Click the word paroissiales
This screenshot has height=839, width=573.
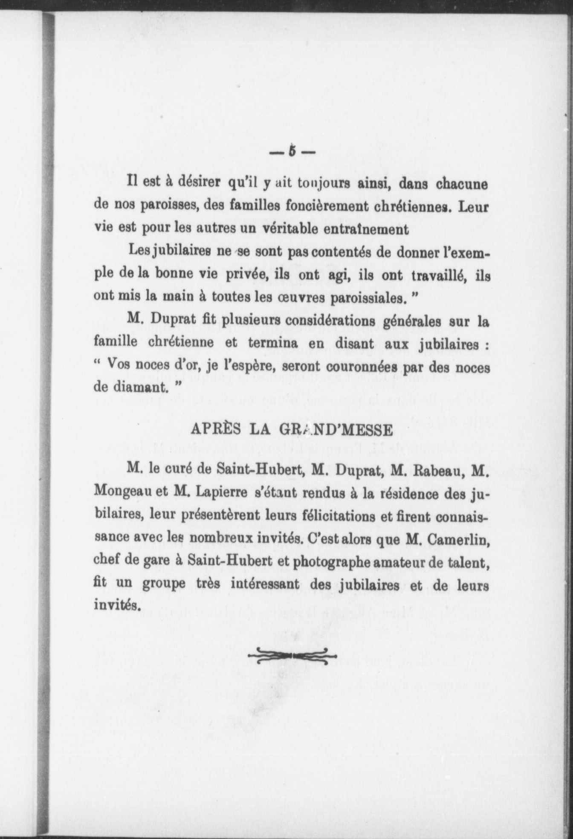point(367,298)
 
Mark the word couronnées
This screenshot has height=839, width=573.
point(359,367)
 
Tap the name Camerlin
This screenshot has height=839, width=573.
point(458,540)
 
